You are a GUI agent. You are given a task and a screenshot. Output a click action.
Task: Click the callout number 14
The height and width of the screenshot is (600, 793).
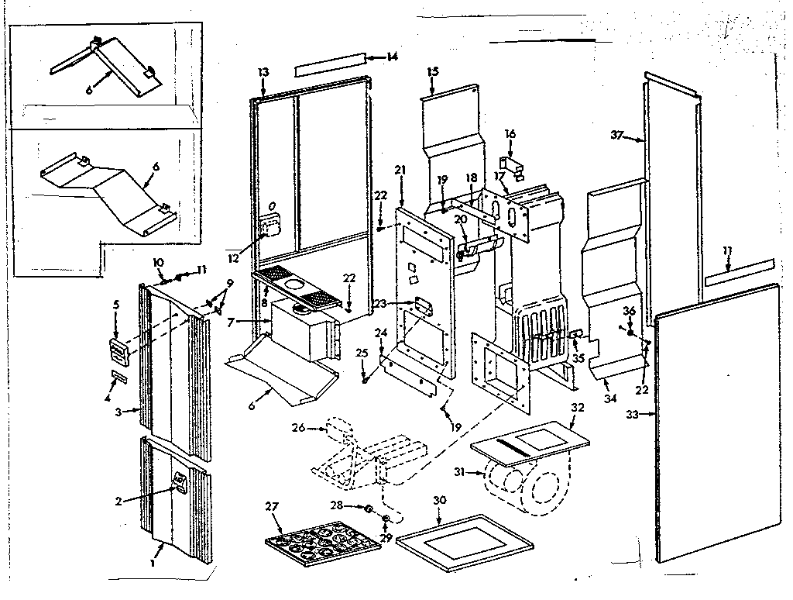point(392,57)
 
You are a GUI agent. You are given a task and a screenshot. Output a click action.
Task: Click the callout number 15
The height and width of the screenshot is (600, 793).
point(432,72)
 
